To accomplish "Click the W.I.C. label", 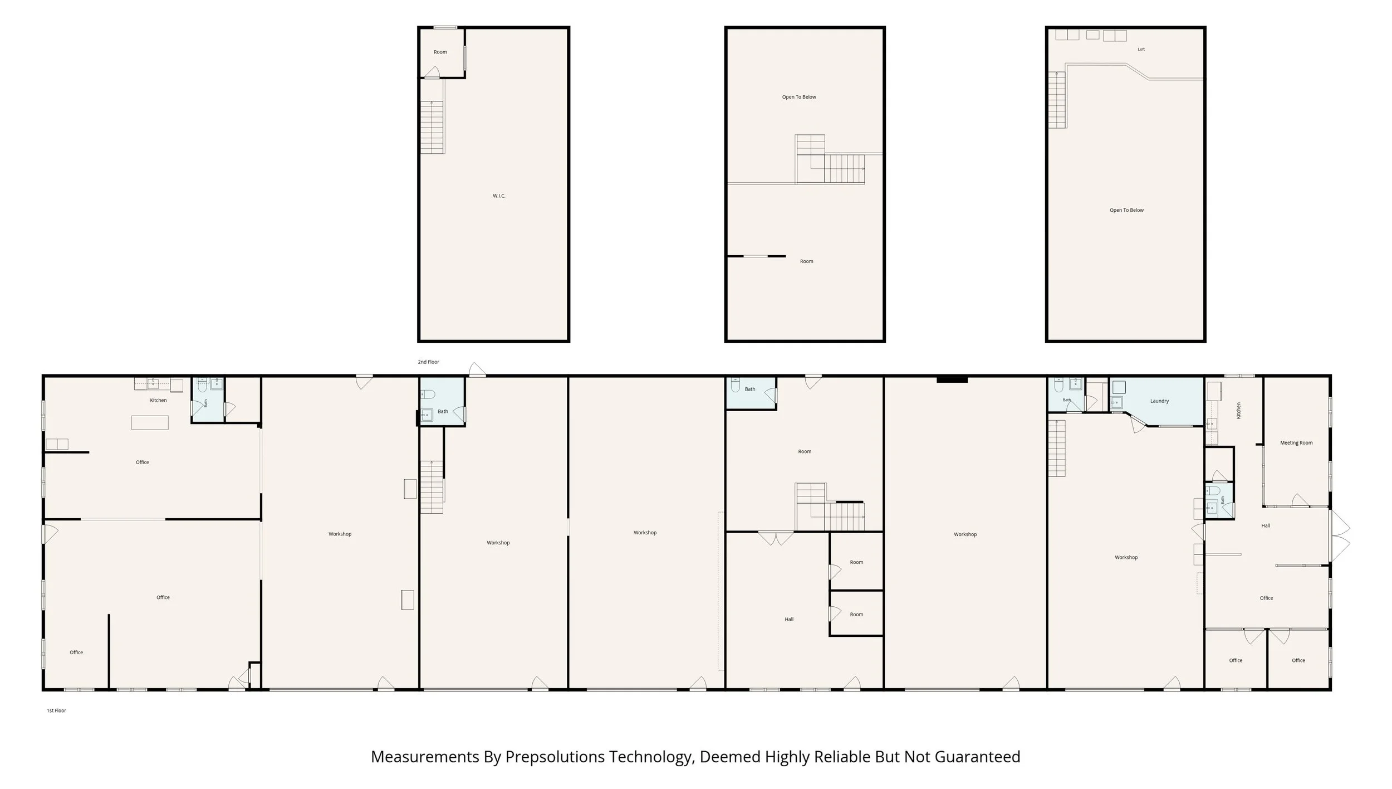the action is [499, 196].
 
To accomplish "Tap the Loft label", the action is [1141, 50].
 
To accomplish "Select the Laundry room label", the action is [1159, 401].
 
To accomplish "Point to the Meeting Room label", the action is [1296, 443].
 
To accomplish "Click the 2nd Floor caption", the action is [429, 362].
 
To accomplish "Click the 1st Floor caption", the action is [56, 710].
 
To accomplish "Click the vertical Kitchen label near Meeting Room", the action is [1238, 411].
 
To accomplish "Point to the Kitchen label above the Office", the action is [158, 401].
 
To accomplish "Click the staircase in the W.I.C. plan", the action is [432, 128].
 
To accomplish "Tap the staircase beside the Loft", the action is [1057, 100].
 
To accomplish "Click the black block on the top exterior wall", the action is [952, 380].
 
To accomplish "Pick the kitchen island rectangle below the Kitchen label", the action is [150, 423].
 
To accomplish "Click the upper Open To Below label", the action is [799, 97].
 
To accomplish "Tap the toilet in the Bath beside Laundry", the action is [1058, 384].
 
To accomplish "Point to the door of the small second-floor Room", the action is [432, 73].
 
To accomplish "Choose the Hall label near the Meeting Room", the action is [1265, 525].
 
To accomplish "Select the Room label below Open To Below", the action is [806, 261].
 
